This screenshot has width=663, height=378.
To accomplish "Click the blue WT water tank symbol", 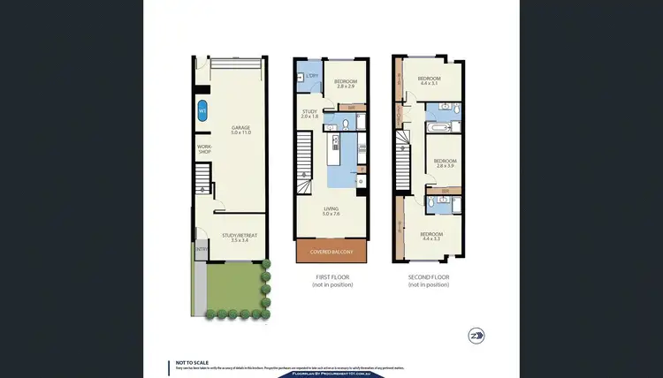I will coord(202,111).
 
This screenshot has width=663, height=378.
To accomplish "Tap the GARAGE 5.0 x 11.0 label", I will coord(240,130).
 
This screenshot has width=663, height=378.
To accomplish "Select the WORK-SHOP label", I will coord(204,148).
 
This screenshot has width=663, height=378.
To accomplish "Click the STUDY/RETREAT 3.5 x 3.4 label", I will coord(240,238).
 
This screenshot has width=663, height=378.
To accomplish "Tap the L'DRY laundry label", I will coord(310,75).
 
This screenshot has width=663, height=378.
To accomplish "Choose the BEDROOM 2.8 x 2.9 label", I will coord(344,83).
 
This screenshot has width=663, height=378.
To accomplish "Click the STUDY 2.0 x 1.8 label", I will coord(309,114).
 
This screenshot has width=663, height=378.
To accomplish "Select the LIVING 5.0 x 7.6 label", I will coord(331,211).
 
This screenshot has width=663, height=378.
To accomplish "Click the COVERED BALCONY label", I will coord(331,252).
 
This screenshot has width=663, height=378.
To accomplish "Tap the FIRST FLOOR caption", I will coord(331,277).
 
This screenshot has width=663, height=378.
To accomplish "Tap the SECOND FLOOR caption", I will coord(429,277).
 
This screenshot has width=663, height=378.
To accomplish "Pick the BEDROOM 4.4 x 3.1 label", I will coord(429,80).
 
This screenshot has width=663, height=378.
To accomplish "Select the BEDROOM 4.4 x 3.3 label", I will coord(431,237).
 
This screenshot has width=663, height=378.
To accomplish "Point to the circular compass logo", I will coord(478,336).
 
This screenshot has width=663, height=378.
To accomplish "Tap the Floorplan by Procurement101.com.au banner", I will coord(331,374).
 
